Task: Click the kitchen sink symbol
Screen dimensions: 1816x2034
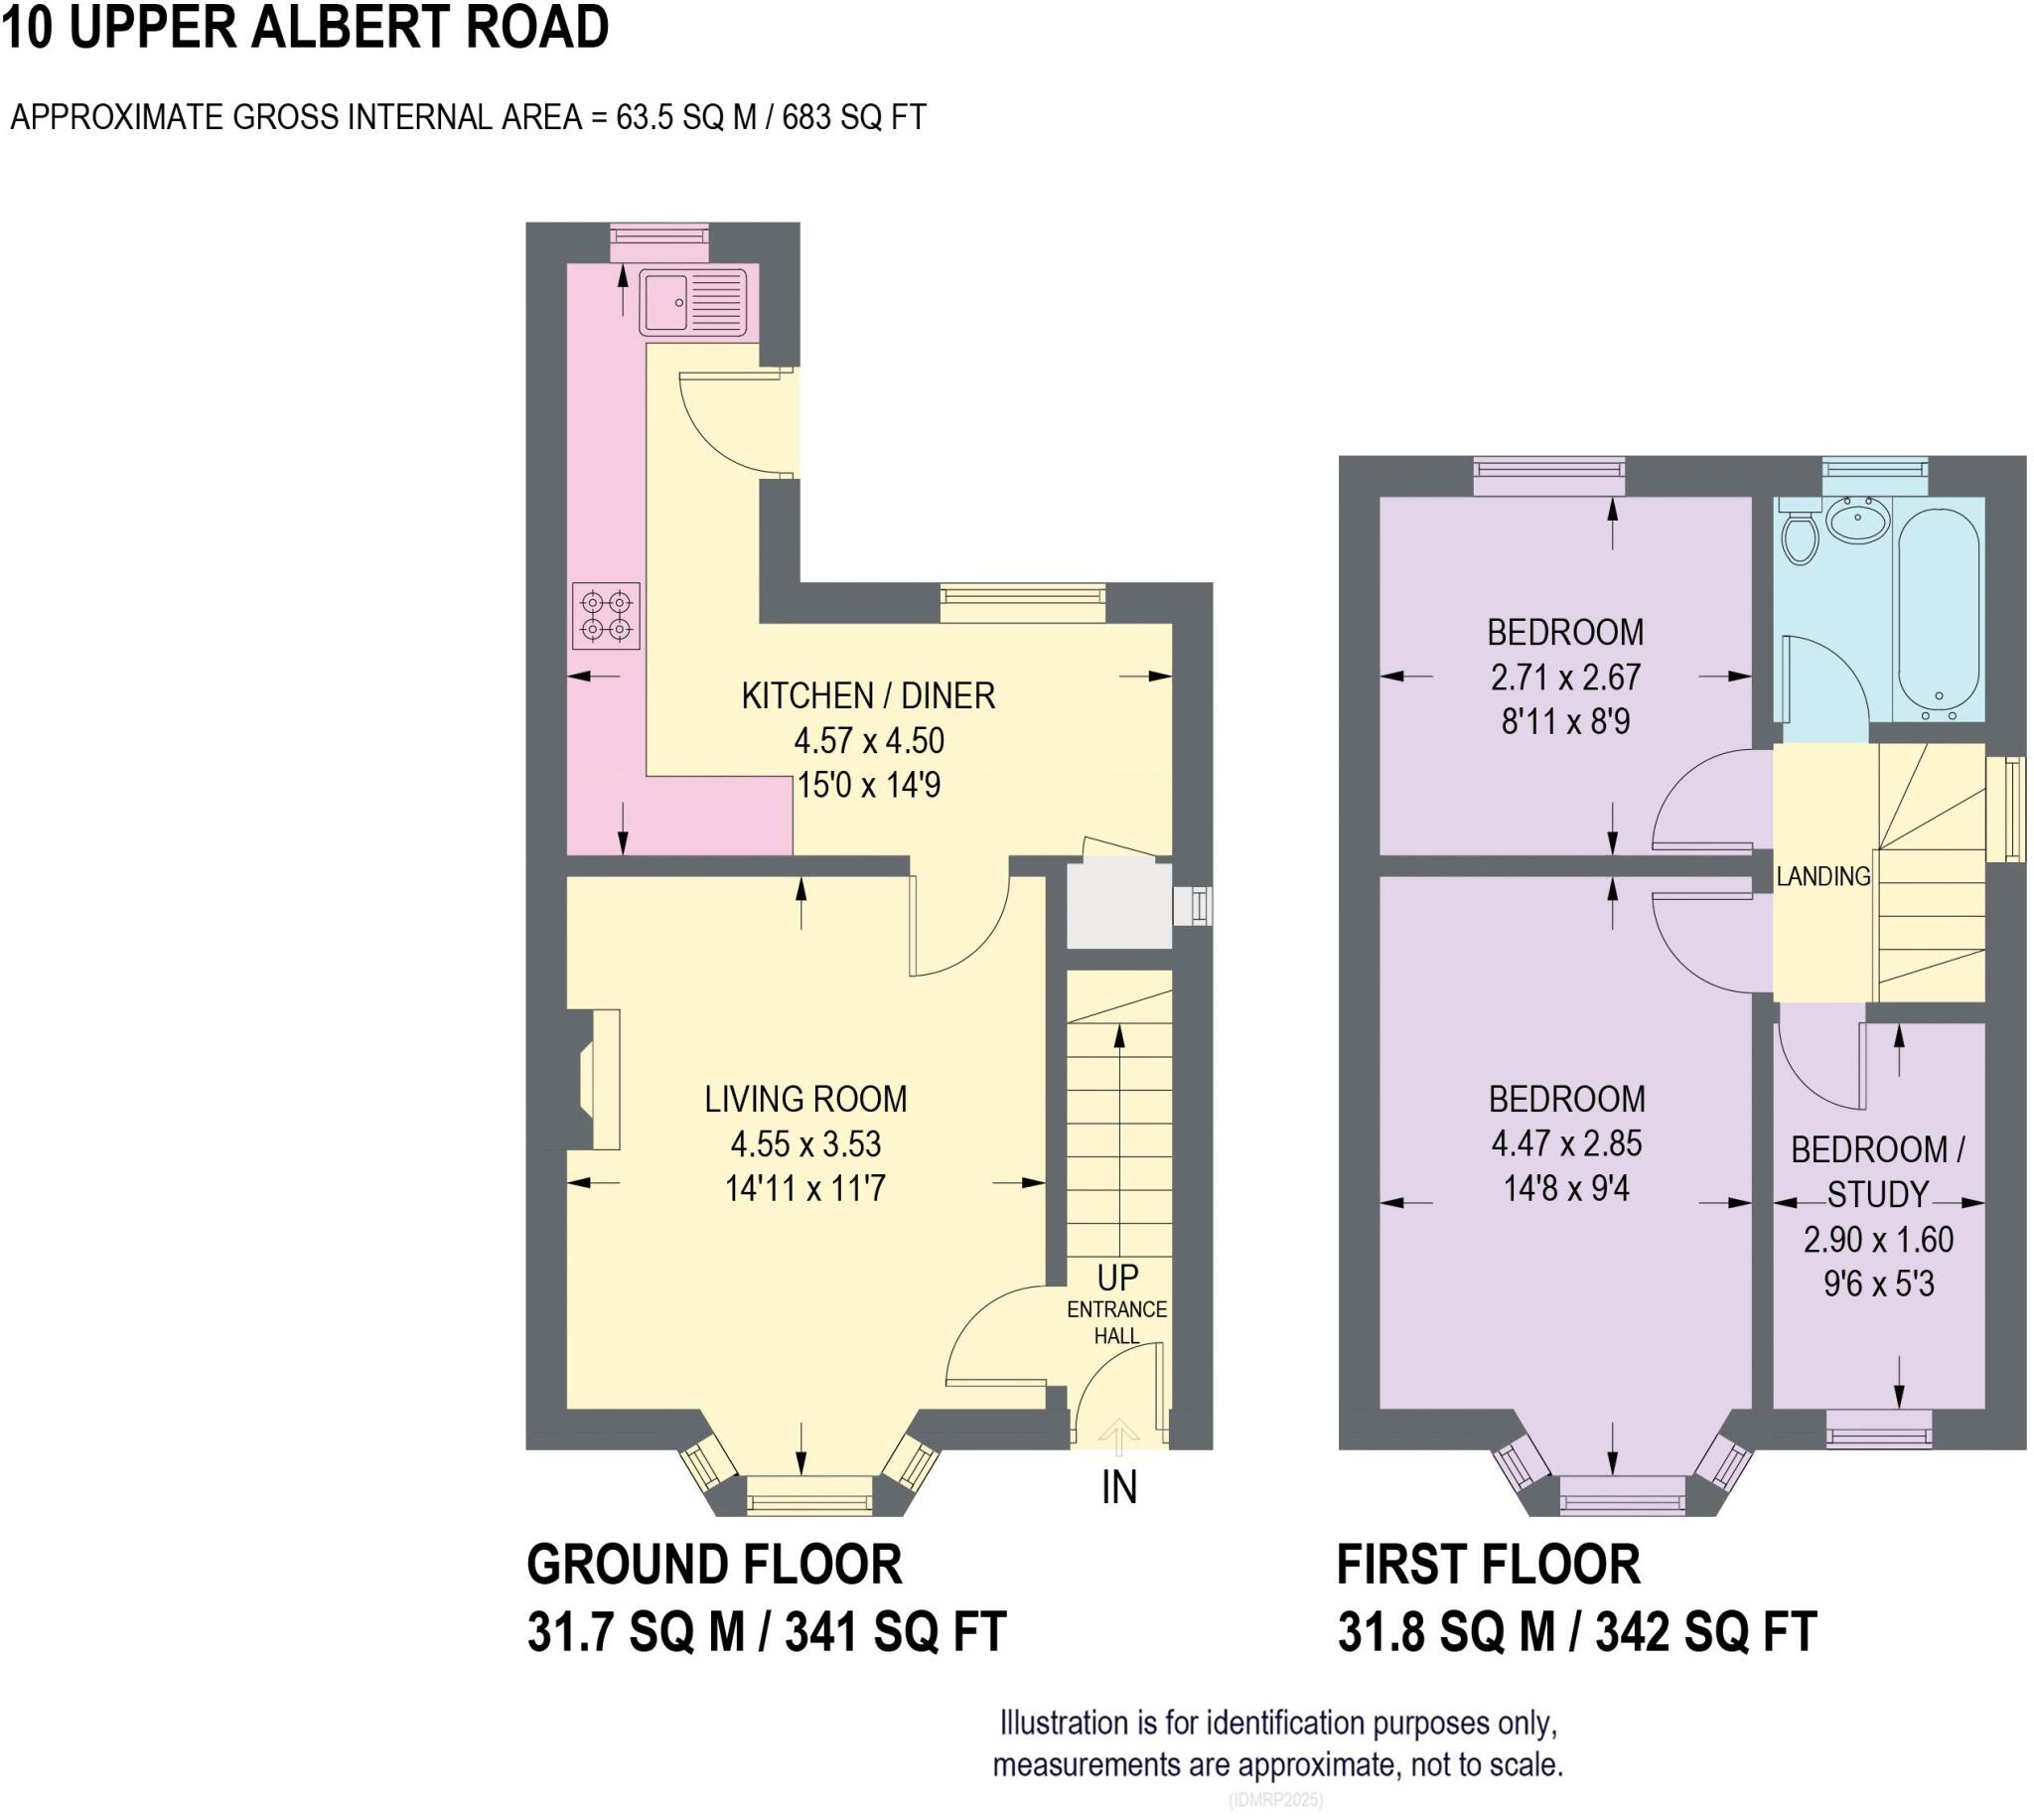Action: coord(692,301)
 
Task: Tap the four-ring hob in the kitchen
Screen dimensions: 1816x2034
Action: coord(606,616)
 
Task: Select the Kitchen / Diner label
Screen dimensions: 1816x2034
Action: coord(868,695)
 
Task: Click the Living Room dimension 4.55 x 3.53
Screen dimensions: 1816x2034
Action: coord(805,1143)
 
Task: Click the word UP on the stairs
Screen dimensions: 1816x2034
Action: coord(1117,1279)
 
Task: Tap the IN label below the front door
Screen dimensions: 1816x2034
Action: coord(1118,1488)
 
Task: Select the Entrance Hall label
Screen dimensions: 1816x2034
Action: coord(1116,1322)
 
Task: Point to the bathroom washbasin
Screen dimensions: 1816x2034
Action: coord(1857,519)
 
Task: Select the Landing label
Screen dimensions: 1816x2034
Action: coord(1822,876)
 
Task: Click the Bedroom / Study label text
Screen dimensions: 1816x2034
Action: coord(1877,1171)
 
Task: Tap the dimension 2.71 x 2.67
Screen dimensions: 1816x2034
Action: coord(1565,678)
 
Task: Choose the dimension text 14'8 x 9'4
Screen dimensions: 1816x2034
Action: coord(1566,1188)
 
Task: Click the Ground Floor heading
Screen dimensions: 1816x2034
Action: coord(714,1565)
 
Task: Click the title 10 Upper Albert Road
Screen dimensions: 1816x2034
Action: coord(305,28)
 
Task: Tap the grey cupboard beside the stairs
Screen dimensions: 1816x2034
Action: coord(1118,906)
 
